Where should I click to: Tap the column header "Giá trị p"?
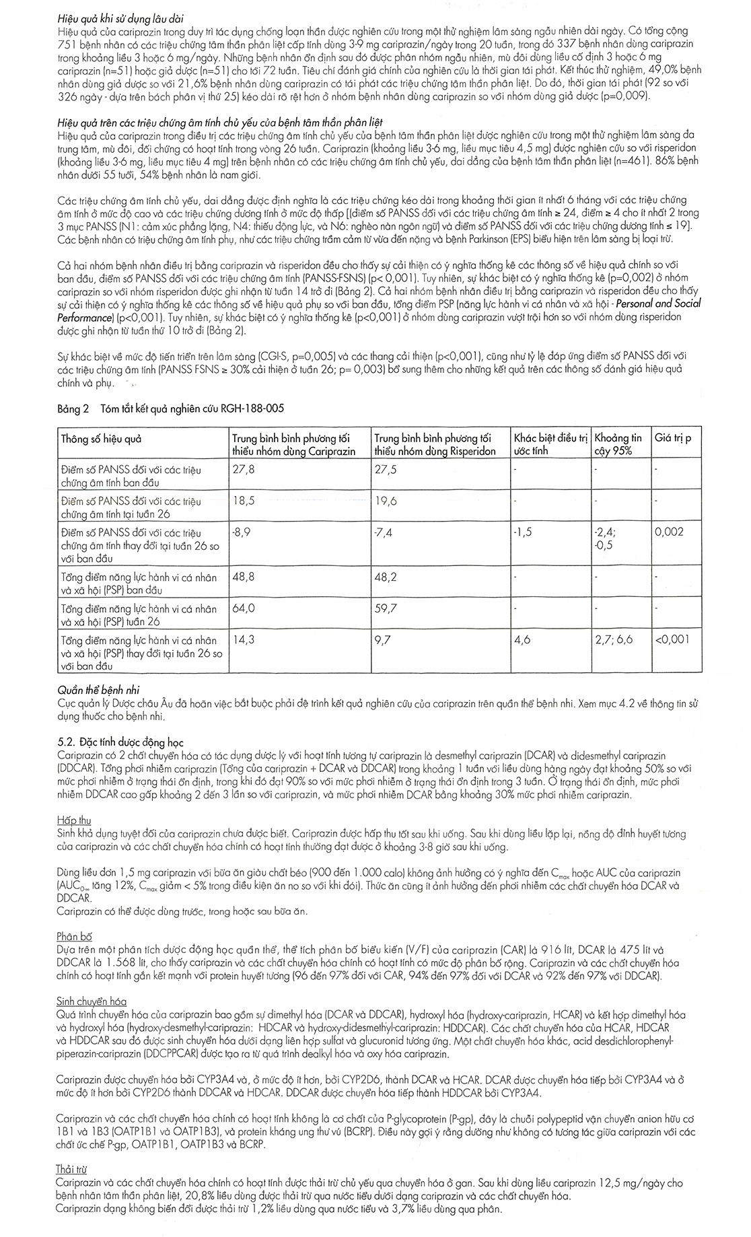tap(674, 437)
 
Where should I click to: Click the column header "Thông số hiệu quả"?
tap(101, 439)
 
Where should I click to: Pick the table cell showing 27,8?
tap(243, 469)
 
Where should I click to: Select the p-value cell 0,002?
tap(670, 532)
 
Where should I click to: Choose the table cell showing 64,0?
tap(243, 608)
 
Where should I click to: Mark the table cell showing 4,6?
tap(522, 639)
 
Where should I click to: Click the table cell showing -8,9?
tap(242, 532)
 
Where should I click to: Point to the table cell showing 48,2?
tap(385, 577)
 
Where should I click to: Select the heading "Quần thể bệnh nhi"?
tap(98, 691)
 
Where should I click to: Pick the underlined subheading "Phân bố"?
tap(75, 937)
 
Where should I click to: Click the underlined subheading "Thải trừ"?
tap(72, 1170)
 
